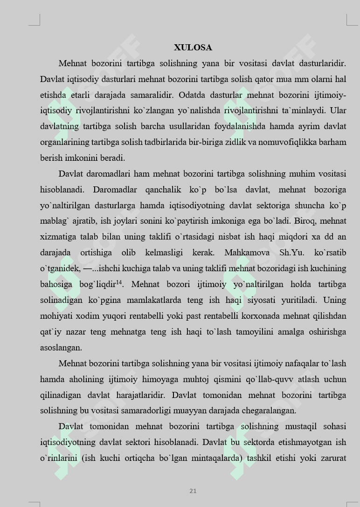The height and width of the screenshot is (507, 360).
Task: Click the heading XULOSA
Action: click(193, 48)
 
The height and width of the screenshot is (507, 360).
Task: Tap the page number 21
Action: click(193, 491)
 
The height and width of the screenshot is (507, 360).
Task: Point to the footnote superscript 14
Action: click(119, 281)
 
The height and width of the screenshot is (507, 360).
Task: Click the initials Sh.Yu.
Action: click(291, 253)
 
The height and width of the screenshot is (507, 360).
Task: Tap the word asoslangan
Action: click(61, 348)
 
